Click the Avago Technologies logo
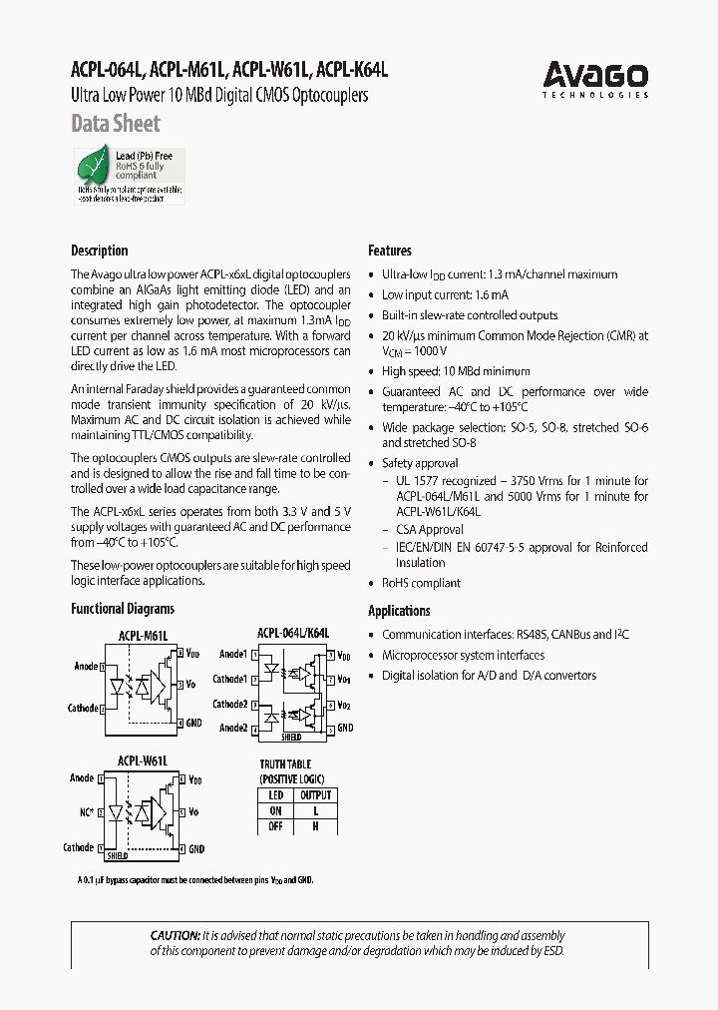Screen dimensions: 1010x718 (595, 78)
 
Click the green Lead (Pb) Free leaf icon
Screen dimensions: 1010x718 (96, 163)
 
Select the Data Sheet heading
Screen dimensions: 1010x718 (116, 125)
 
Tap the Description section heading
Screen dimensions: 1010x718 (100, 251)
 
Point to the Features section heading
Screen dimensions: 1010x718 (390, 251)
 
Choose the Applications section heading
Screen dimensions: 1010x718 (399, 611)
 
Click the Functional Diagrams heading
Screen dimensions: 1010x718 (123, 609)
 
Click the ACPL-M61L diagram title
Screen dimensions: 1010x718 (144, 635)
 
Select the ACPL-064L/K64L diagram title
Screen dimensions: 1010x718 (293, 633)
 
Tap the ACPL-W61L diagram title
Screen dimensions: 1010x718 (143, 760)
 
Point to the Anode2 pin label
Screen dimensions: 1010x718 (233, 729)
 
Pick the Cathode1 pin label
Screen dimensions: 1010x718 (230, 680)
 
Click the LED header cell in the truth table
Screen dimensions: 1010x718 (276, 795)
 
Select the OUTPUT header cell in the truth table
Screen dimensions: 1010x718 (315, 795)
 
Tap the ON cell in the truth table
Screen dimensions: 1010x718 (276, 811)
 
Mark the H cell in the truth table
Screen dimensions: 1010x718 (315, 826)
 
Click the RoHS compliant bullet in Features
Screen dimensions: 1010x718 (421, 583)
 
